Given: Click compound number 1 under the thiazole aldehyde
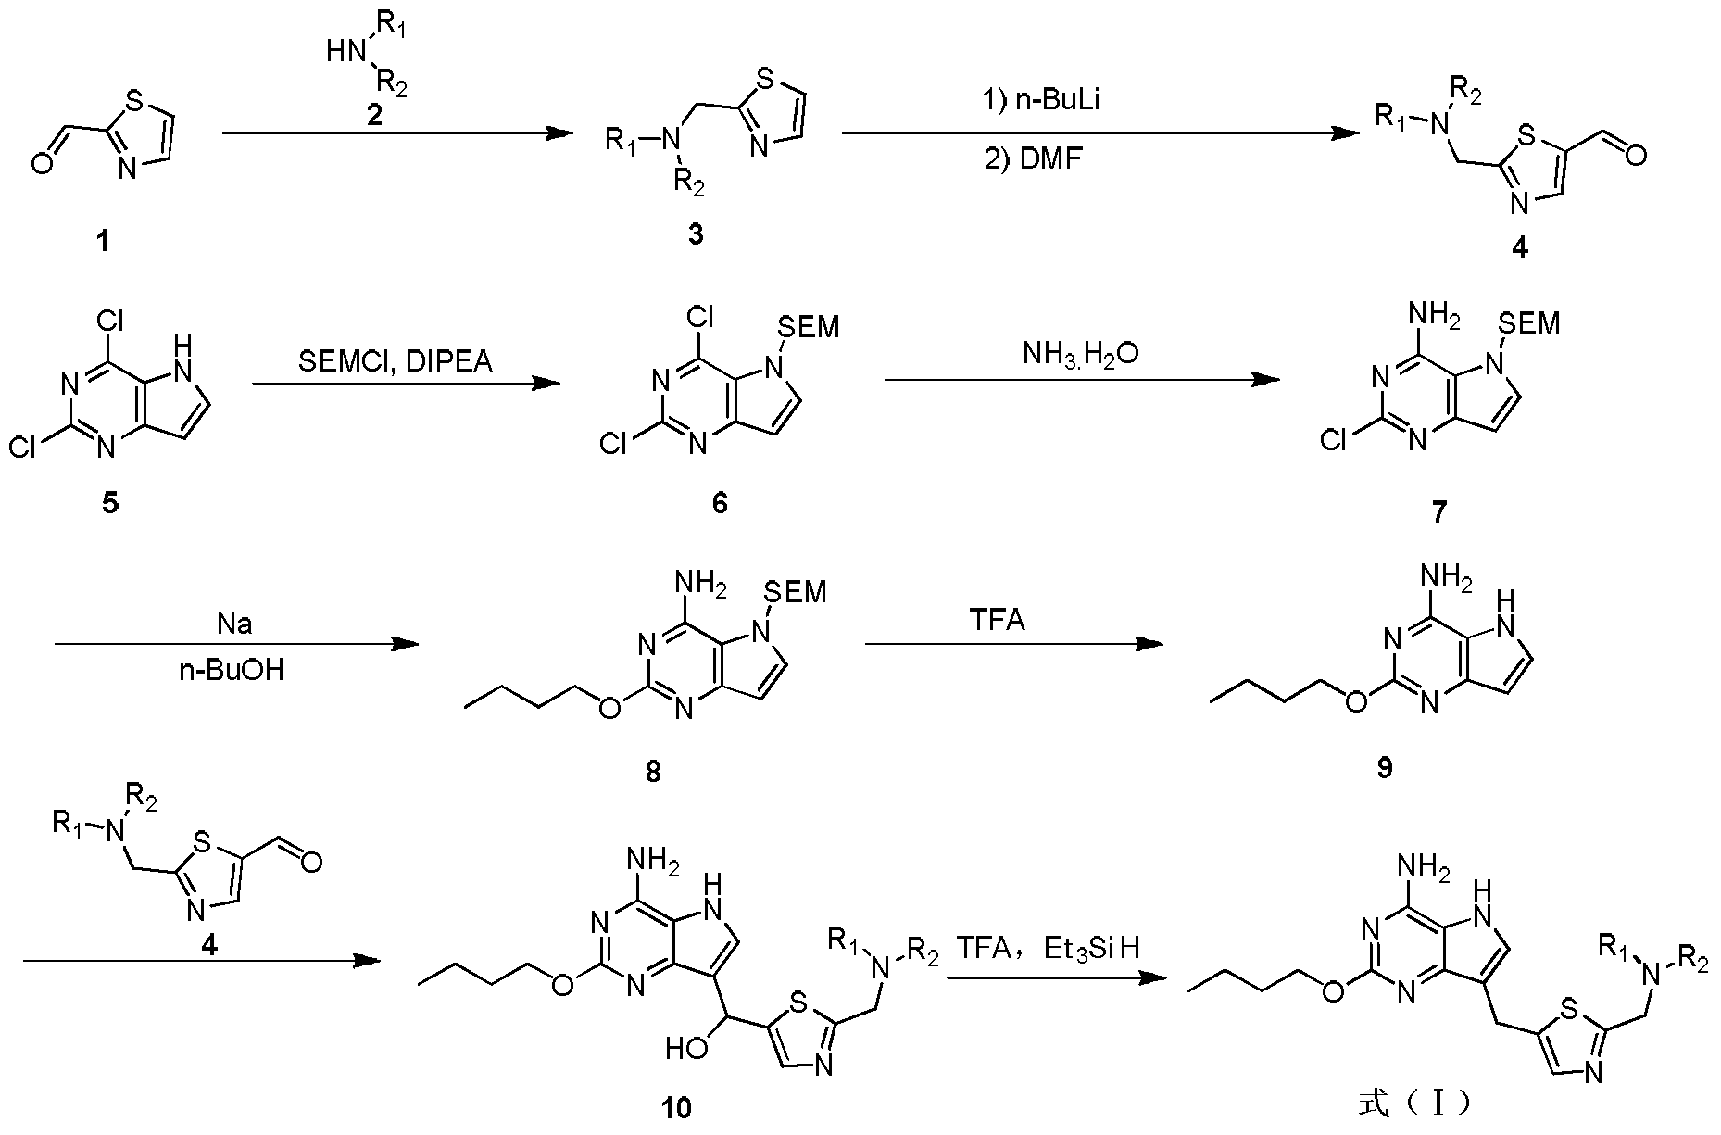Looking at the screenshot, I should tap(102, 243).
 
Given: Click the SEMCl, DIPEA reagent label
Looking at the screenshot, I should tap(396, 361).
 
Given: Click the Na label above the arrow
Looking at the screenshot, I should tap(234, 624).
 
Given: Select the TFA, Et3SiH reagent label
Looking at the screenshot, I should tap(1048, 947).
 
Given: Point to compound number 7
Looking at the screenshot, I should tap(1438, 511).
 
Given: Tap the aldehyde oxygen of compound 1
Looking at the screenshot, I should tap(41, 166).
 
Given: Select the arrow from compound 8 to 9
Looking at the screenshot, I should tap(1013, 645).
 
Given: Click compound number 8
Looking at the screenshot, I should tap(654, 771).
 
